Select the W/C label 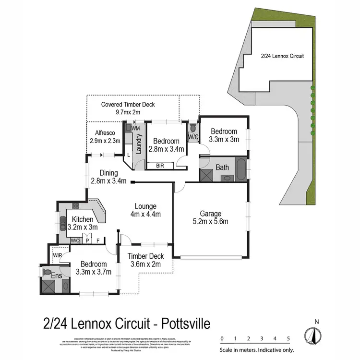[x=193, y=137]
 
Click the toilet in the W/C [x=193, y=128]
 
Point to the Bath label [x=222, y=168]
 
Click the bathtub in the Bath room [x=241, y=168]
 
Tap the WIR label [x=58, y=255]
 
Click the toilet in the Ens [x=47, y=272]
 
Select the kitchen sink [x=62, y=224]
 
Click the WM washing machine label [x=135, y=129]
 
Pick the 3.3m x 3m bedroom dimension [x=224, y=140]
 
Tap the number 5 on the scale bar [x=288, y=338]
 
